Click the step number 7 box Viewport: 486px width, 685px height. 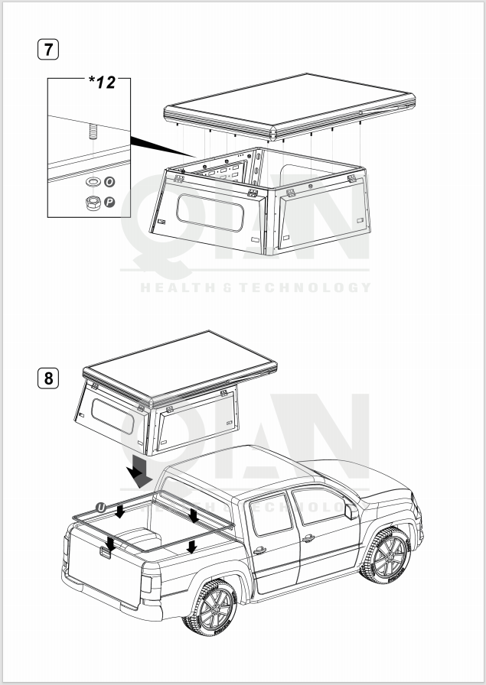coord(48,50)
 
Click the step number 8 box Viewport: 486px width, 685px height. coord(48,378)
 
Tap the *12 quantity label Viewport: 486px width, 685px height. coord(102,82)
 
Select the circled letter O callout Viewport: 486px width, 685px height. coord(109,182)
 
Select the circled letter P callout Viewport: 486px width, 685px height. coord(109,203)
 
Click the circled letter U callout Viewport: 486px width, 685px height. coord(101,507)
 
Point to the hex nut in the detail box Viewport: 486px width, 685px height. coord(93,203)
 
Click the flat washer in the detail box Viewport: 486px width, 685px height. coord(93,182)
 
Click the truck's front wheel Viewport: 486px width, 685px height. coord(385,555)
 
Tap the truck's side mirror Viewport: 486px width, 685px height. coord(351,511)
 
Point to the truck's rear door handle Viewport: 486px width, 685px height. coord(259,550)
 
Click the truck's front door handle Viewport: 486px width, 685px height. coord(308,537)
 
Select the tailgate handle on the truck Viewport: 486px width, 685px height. coord(106,553)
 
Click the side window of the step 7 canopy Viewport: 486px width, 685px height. coord(210,213)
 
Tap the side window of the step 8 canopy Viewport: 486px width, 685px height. coord(113,417)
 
